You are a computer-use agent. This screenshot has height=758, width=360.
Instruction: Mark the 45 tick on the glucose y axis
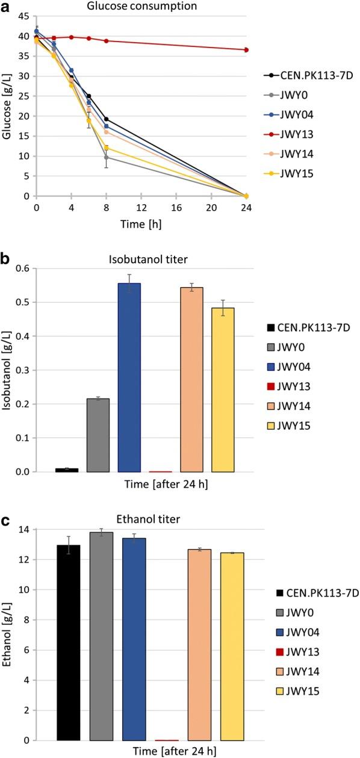24,16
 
